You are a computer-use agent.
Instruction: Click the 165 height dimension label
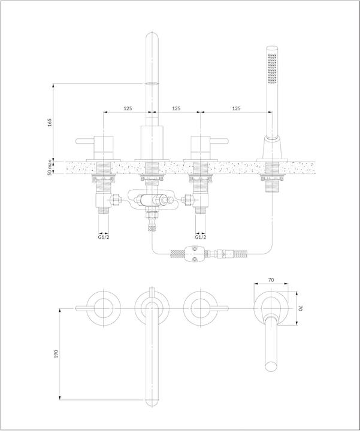[50, 122]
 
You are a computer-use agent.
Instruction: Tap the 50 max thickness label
[50, 167]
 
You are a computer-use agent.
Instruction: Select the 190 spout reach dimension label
[56, 354]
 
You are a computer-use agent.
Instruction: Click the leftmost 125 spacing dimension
[128, 108]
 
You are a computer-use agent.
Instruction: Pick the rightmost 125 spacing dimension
[236, 108]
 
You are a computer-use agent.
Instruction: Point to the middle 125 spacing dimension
[176, 108]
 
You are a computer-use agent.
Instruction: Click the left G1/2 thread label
[104, 237]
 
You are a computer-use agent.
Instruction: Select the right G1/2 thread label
[201, 237]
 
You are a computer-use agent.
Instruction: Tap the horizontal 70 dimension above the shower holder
[271, 280]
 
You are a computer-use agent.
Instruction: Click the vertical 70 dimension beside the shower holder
[301, 308]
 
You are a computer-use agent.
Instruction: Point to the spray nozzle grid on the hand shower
[273, 68]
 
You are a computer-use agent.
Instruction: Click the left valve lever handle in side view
[84, 141]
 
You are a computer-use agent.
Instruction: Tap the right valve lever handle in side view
[219, 141]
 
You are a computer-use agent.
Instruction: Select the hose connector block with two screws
[195, 254]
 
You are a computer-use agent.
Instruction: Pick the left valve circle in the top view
[104, 308]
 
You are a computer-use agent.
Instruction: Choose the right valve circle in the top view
[201, 308]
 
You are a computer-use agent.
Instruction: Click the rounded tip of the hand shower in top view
[271, 367]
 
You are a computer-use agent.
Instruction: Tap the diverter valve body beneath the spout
[150, 200]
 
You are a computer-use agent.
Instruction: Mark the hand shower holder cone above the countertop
[272, 147]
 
